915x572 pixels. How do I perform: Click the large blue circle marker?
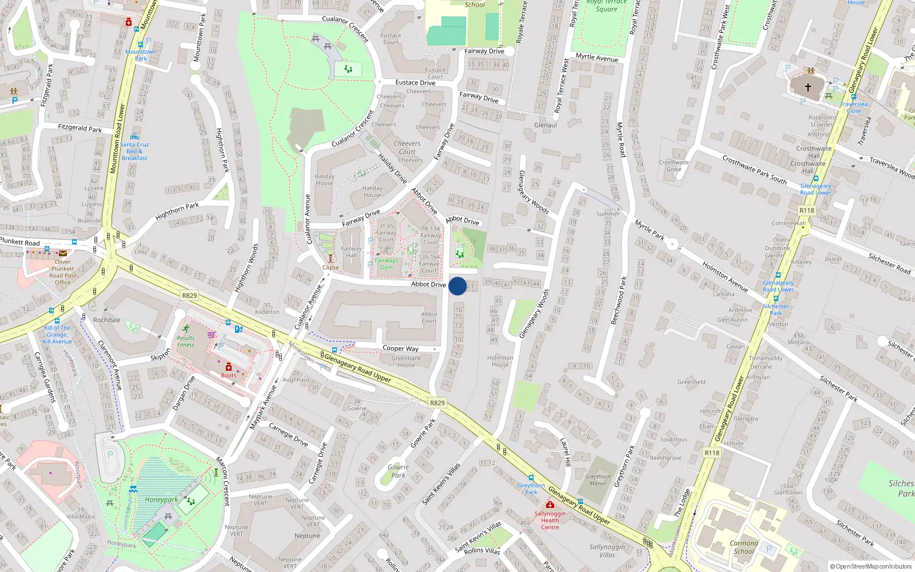tap(457, 286)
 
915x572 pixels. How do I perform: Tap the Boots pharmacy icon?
tap(228, 367)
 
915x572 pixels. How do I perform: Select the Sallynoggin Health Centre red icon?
tap(550, 505)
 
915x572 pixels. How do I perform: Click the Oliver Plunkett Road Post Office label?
tap(63, 272)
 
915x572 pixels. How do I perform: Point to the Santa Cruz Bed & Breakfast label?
tap(134, 151)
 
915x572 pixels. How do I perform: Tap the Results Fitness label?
tap(185, 341)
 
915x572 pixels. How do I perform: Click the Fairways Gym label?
tap(387, 264)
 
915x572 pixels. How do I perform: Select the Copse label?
tap(331, 267)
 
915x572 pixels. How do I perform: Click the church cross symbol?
tap(808, 88)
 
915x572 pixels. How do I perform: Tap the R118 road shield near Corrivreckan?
tap(807, 210)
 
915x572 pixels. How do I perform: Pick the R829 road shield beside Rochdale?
tap(189, 296)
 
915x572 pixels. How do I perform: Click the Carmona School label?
tap(743, 547)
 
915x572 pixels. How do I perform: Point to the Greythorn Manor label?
tap(598, 480)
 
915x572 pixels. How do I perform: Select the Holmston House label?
tap(500, 361)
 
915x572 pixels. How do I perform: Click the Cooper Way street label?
tap(400, 348)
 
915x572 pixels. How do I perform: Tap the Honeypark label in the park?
tap(161, 499)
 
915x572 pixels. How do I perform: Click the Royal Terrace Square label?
tap(606, 6)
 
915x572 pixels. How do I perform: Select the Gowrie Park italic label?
tap(398, 471)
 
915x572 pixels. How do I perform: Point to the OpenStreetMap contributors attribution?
tap(871, 566)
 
